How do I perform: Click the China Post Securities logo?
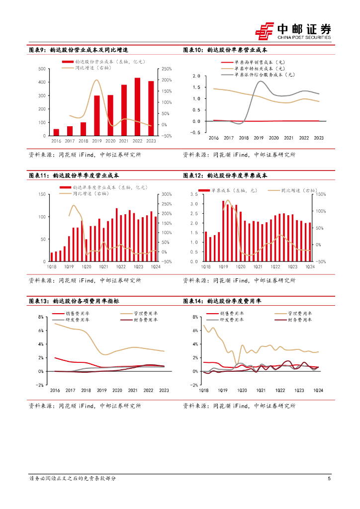tap(293, 31)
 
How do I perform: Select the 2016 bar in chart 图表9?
tap(56, 132)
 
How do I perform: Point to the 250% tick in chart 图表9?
tap(167, 69)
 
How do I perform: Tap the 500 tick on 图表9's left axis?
tap(42, 69)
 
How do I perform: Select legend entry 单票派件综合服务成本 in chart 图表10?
tap(264, 74)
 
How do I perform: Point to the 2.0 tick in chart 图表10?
tap(196, 76)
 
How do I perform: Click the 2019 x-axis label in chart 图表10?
tap(259, 138)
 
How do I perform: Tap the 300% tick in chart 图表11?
tap(167, 194)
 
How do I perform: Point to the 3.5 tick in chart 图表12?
tap(194, 194)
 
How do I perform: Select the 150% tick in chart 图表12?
tap(321, 194)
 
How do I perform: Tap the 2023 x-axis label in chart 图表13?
tap(164, 391)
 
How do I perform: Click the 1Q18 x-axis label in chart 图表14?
tap(203, 391)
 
